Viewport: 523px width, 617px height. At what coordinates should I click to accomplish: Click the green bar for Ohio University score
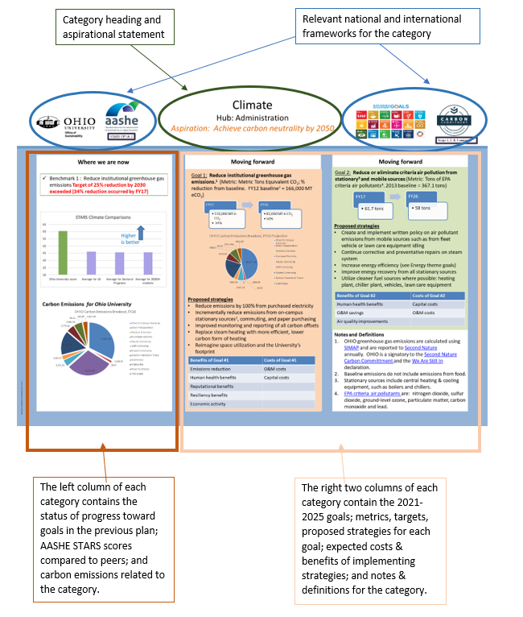tap(62, 252)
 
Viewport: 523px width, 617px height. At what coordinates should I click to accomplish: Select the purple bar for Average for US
tap(91, 263)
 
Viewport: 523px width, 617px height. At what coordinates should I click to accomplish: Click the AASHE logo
tap(121, 121)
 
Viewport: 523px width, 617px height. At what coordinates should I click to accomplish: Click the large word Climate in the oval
tap(252, 105)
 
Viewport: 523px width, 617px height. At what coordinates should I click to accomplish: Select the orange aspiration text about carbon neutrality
tap(253, 128)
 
